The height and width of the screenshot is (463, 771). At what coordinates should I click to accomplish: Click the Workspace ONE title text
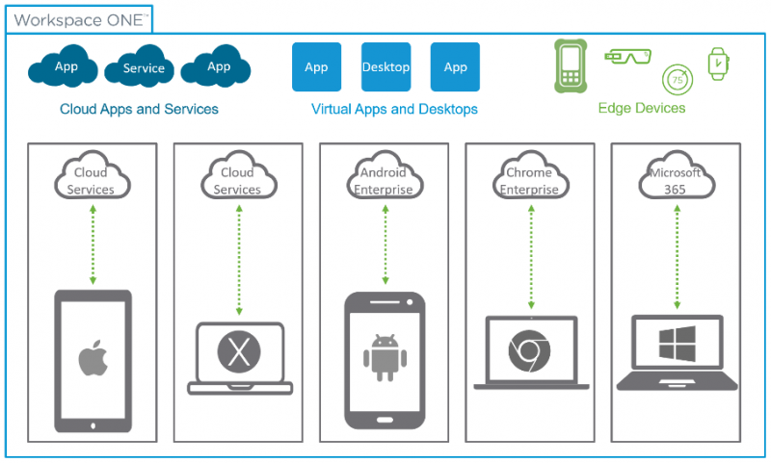(x=79, y=19)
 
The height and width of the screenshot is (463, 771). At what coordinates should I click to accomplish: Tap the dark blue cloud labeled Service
(x=143, y=68)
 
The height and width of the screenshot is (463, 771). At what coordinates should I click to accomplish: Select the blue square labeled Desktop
(x=385, y=67)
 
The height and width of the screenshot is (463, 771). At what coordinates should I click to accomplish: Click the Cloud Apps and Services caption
(x=139, y=109)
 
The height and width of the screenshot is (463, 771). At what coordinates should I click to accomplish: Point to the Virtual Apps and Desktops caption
(x=394, y=109)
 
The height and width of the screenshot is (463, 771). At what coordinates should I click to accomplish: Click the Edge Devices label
(x=641, y=109)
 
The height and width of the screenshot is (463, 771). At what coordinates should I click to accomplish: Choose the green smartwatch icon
(x=718, y=64)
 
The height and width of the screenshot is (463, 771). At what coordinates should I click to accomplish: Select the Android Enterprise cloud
(x=385, y=179)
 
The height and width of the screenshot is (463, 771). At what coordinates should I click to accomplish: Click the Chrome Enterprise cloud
(x=529, y=179)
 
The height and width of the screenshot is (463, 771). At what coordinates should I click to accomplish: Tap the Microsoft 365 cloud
(x=675, y=179)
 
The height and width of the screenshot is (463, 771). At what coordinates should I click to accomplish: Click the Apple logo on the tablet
(x=93, y=357)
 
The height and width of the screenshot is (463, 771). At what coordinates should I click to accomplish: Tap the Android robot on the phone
(x=385, y=357)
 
